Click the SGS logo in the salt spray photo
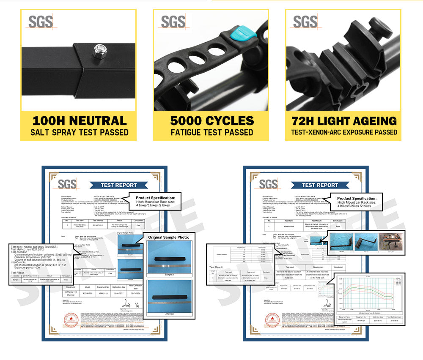tap(41, 21)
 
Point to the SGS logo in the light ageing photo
tap(305, 21)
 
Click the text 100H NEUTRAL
tap(80, 120)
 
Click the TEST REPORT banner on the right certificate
tap(320, 185)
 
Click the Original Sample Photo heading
tap(168, 237)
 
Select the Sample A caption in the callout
tap(168, 275)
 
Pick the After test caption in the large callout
tap(168, 314)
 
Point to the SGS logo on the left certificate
tap(67, 184)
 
